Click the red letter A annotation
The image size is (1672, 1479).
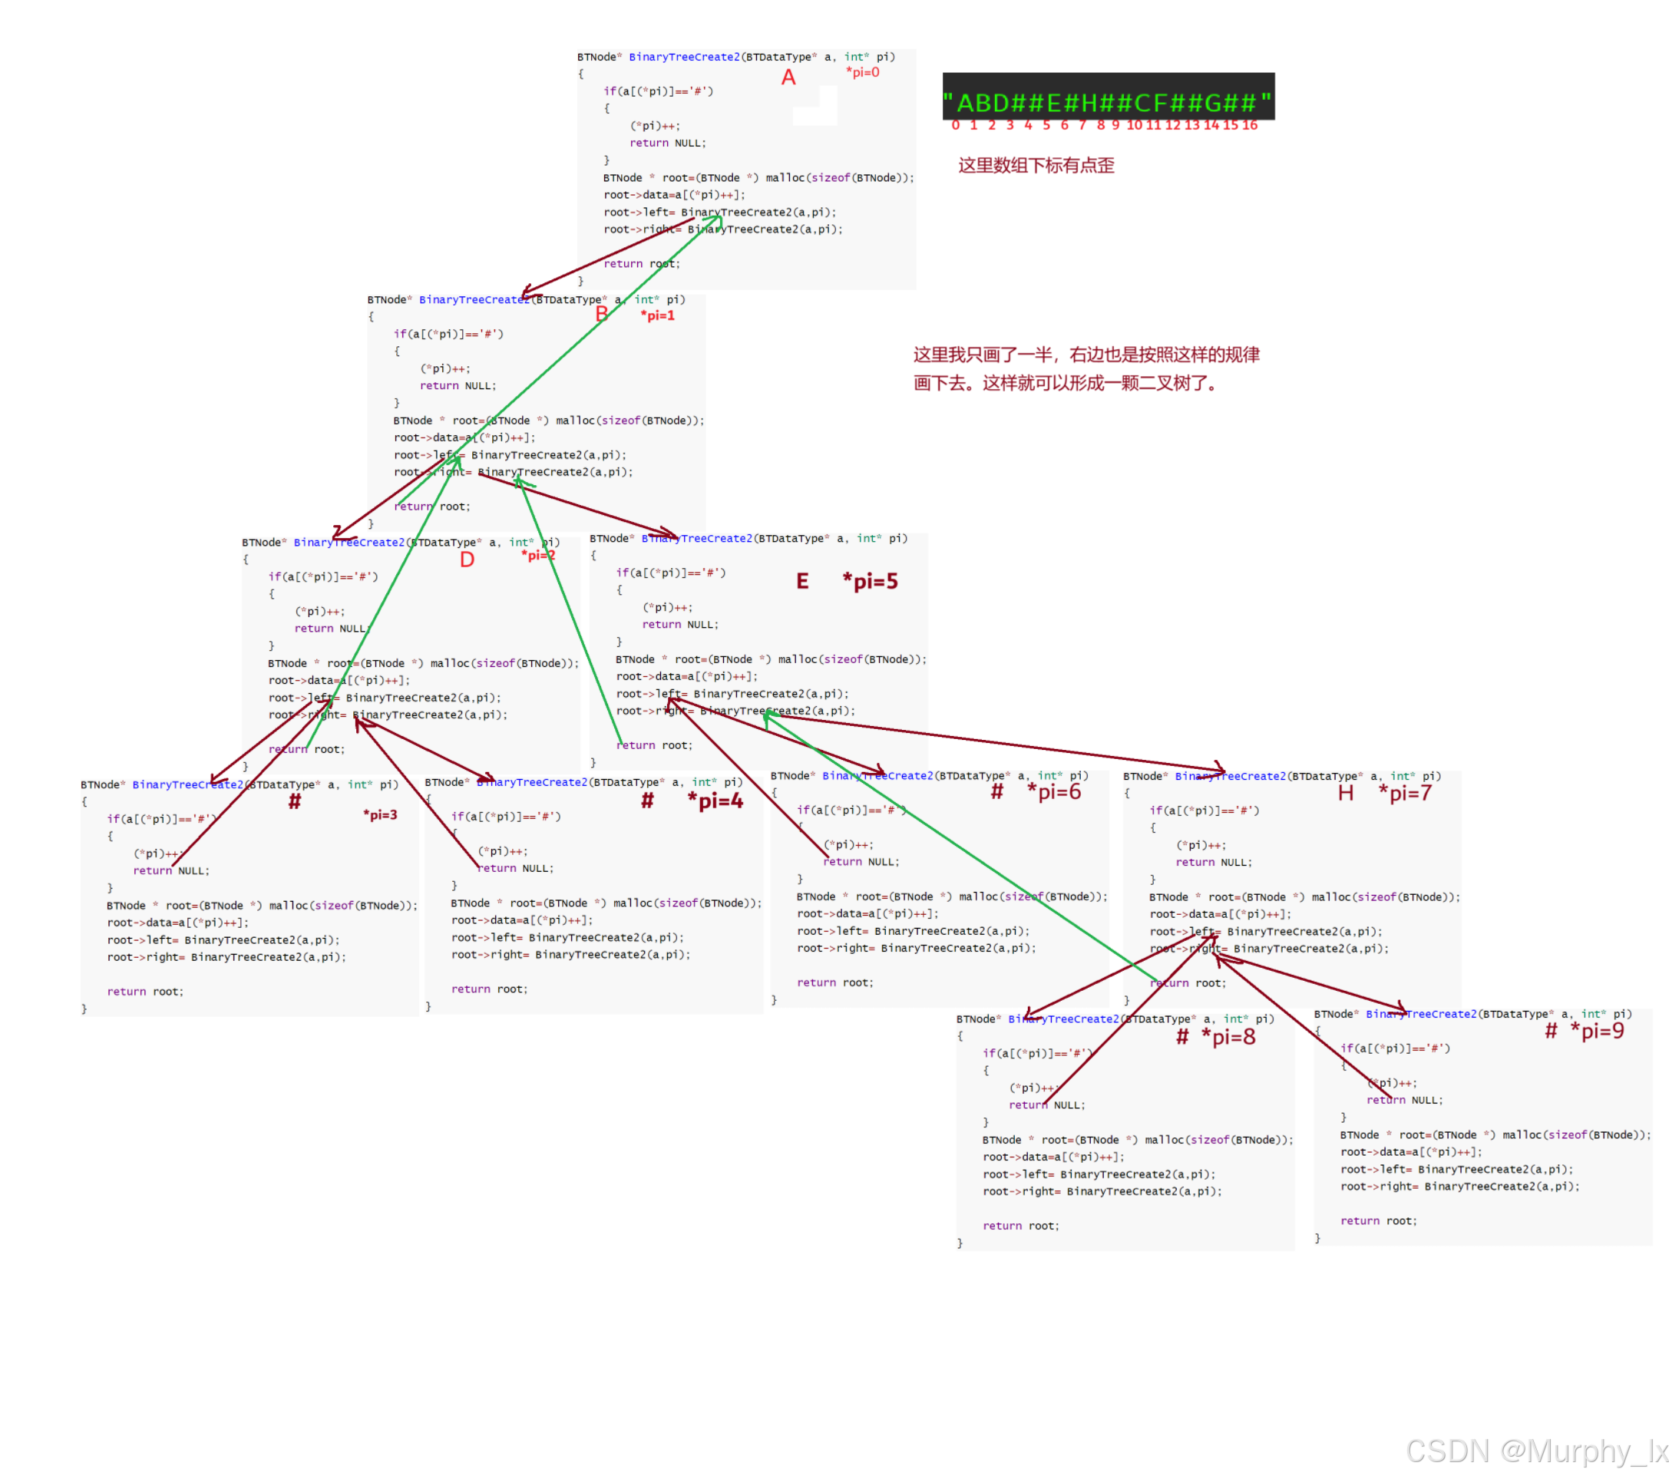[x=788, y=78]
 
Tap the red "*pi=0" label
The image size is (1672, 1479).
[x=862, y=73]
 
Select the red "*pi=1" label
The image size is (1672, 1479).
[x=657, y=315]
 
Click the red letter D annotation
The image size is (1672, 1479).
[x=467, y=560]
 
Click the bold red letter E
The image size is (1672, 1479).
[x=802, y=582]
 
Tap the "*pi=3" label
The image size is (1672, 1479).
[x=379, y=816]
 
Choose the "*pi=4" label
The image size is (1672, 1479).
[x=715, y=801]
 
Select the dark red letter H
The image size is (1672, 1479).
[x=1346, y=793]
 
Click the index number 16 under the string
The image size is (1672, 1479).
[x=1249, y=125]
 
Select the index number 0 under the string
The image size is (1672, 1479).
[x=956, y=125]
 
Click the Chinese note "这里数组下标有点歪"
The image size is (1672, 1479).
[x=1036, y=165]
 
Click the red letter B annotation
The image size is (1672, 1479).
[x=602, y=314]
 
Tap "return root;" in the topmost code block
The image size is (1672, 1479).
[x=641, y=263]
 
